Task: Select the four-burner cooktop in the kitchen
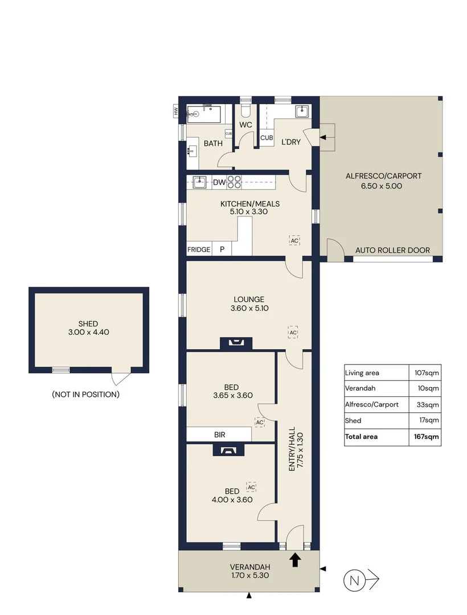pos(234,182)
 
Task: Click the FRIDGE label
pos(199,249)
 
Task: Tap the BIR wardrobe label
pos(220,434)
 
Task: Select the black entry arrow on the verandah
pos(295,560)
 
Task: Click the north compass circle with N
pos(355,581)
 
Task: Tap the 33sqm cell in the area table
pos(431,405)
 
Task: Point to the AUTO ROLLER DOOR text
pos(392,250)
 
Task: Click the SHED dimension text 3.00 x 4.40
pos(89,331)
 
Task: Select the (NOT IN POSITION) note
pos(85,394)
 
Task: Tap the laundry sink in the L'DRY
pos(302,112)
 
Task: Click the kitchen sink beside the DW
pos(199,182)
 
